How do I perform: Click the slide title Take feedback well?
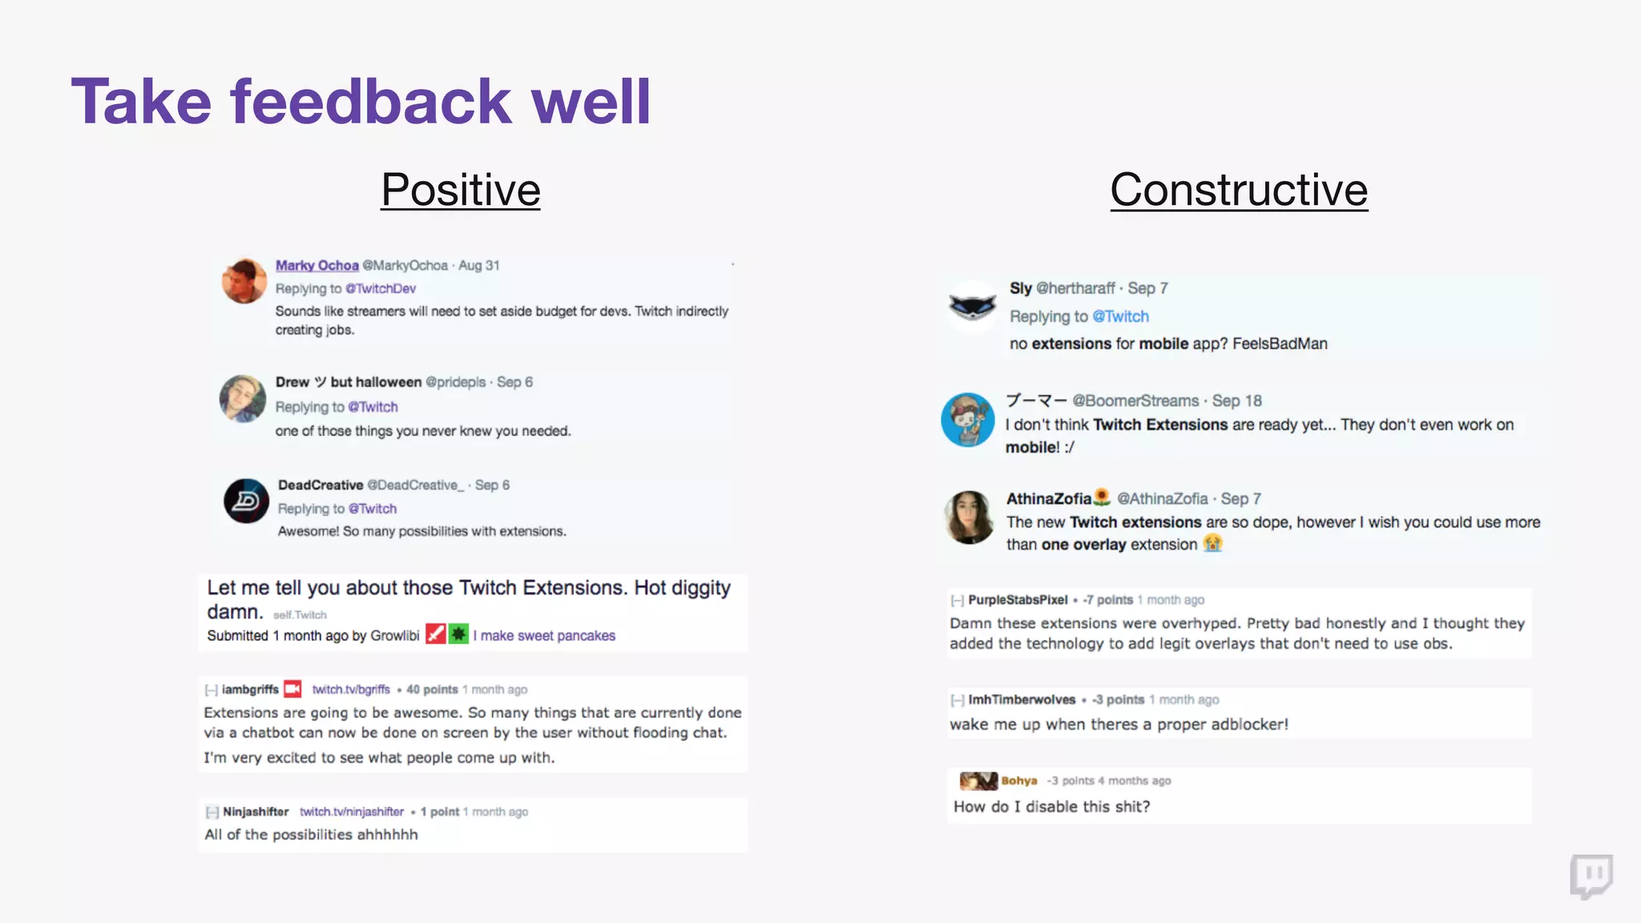[x=361, y=102]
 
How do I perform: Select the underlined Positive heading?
[x=460, y=191]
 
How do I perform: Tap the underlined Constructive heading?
[x=1238, y=191]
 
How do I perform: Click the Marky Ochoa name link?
[x=317, y=265]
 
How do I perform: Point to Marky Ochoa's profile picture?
[x=244, y=280]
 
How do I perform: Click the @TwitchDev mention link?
[x=381, y=288]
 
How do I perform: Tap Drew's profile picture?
[x=243, y=398]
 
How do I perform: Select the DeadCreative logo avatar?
[x=247, y=501]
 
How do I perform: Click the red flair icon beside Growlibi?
[x=435, y=635]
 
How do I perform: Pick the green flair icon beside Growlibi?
[x=458, y=635]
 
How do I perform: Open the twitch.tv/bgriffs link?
[x=351, y=689]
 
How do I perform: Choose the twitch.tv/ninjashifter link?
[x=352, y=812]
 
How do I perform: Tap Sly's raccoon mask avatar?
[x=972, y=306]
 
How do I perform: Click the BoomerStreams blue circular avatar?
[x=968, y=420]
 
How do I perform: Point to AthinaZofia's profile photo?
[x=970, y=518]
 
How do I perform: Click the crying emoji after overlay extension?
[x=1213, y=544]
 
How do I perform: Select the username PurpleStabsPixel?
[x=1018, y=599]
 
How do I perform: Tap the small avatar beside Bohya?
[x=978, y=780]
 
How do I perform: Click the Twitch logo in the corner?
[x=1591, y=877]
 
